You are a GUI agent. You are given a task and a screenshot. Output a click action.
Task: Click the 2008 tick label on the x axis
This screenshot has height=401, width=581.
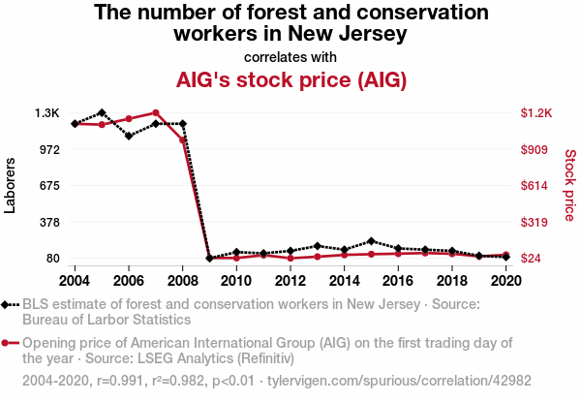[x=182, y=280]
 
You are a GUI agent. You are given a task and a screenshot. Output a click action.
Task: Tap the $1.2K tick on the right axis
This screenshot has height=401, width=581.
[x=535, y=113]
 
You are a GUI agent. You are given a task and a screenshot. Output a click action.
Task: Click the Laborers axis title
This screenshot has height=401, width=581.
[x=11, y=185]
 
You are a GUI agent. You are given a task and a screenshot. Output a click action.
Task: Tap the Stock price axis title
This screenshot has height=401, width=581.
[x=569, y=185]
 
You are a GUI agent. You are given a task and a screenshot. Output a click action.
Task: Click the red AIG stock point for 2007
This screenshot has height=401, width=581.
[x=156, y=113]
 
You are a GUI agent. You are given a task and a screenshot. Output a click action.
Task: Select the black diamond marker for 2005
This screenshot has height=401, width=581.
[x=102, y=113]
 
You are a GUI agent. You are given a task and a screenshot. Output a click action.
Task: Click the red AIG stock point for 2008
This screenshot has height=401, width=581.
[x=182, y=140]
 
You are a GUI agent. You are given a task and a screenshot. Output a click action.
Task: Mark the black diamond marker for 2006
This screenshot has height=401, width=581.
[x=129, y=136]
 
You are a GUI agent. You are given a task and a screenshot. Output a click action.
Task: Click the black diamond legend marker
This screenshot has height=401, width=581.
[x=10, y=305]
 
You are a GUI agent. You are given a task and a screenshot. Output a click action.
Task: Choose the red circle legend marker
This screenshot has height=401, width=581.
[x=10, y=343]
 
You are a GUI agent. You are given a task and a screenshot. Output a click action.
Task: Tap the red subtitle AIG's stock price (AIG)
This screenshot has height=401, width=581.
[x=290, y=79]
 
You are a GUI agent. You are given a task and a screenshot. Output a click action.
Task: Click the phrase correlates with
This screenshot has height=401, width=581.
[x=290, y=56]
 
